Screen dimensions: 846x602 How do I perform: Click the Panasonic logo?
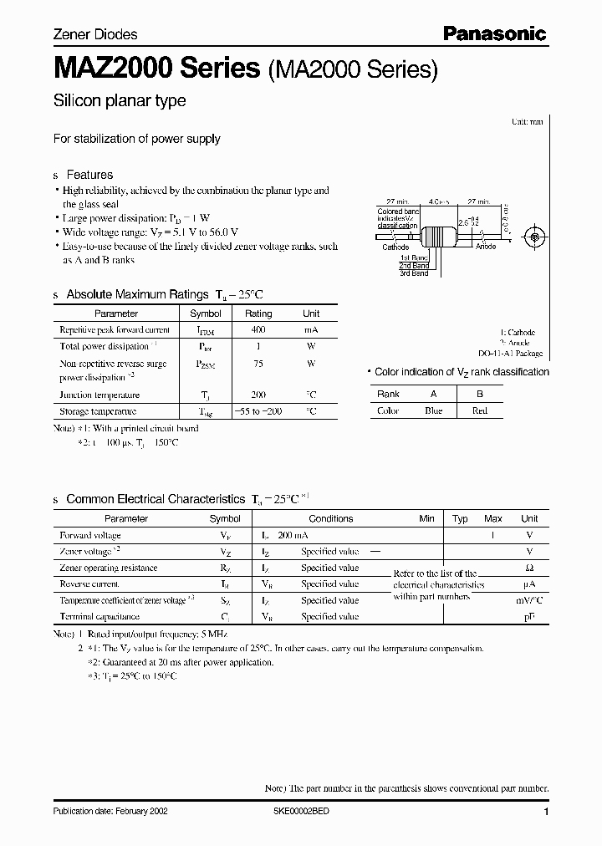pyautogui.click(x=494, y=33)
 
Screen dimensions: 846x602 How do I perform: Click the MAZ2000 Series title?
pyautogui.click(x=156, y=69)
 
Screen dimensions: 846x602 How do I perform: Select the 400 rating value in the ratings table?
pyautogui.click(x=258, y=331)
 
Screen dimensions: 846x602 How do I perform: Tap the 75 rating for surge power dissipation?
pyautogui.click(x=258, y=364)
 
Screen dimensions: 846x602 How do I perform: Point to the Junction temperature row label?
pyautogui.click(x=99, y=395)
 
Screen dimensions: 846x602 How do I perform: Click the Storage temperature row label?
pyautogui.click(x=98, y=411)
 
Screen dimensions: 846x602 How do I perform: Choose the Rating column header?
pyautogui.click(x=258, y=313)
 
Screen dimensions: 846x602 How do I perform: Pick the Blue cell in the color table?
pyautogui.click(x=433, y=410)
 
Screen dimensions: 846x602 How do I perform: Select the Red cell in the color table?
pyautogui.click(x=479, y=410)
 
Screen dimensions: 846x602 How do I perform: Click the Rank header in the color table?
pyautogui.click(x=388, y=394)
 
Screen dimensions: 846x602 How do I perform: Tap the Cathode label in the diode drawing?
pyautogui.click(x=395, y=247)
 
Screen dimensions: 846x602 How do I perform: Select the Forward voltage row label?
pyautogui.click(x=90, y=535)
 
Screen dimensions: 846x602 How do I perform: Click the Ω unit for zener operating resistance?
pyautogui.click(x=529, y=568)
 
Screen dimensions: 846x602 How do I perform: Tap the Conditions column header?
pyautogui.click(x=331, y=518)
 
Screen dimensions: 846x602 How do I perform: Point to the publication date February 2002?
pyautogui.click(x=105, y=812)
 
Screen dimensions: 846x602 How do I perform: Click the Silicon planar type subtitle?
pyautogui.click(x=120, y=101)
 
